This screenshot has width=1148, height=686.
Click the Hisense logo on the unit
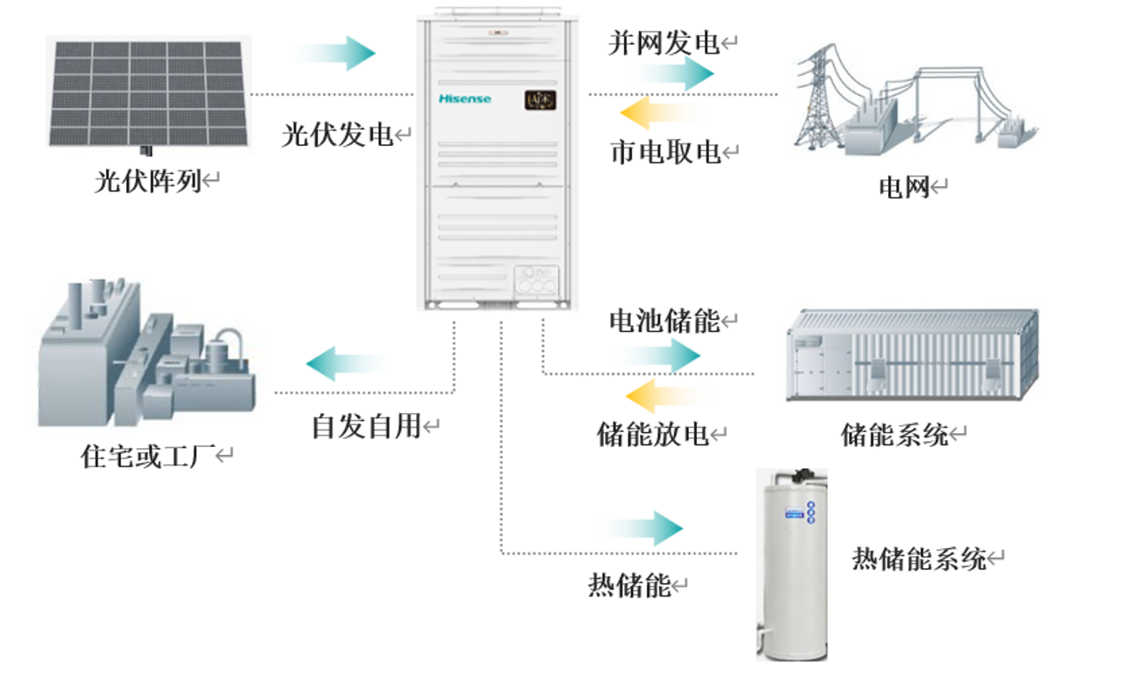(x=464, y=99)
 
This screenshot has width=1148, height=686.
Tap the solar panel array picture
(x=148, y=93)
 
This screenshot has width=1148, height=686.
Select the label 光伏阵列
(x=148, y=182)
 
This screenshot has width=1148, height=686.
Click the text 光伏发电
(x=337, y=134)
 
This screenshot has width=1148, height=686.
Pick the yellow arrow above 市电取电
(x=659, y=113)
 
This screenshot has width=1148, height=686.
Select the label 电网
(x=904, y=187)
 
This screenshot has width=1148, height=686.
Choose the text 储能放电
(x=653, y=434)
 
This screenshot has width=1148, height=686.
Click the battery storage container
(x=913, y=356)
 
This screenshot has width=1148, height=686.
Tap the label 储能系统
(x=895, y=434)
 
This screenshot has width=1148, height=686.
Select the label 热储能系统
(x=919, y=559)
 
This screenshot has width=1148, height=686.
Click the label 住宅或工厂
(x=147, y=457)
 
